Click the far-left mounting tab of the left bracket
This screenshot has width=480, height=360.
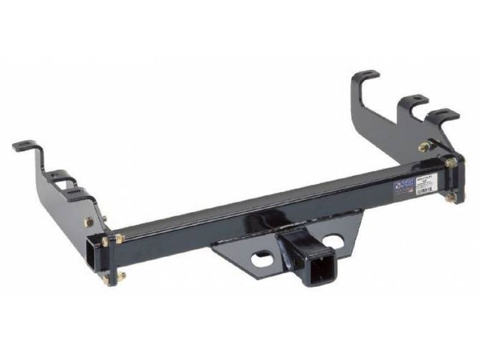(25, 146)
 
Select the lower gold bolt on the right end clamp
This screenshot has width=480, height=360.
(450, 199)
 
